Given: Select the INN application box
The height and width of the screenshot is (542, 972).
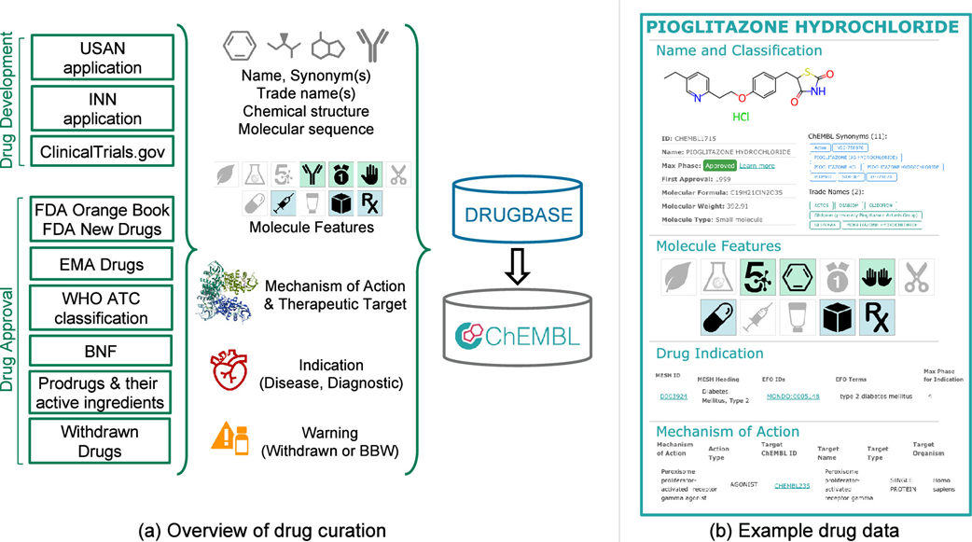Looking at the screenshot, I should click(102, 107).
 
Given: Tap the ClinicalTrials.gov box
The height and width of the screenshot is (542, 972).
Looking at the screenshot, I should click(102, 151).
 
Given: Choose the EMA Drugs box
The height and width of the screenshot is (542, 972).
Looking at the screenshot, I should click(102, 265).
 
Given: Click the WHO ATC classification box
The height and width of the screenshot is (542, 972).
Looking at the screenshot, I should click(102, 307).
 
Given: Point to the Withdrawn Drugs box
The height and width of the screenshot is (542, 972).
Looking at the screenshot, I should click(102, 441).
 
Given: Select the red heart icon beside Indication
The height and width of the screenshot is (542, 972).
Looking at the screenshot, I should click(229, 373).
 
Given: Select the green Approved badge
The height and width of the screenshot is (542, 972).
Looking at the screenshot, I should click(719, 165).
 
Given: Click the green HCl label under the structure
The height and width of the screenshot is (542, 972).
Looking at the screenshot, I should click(740, 118).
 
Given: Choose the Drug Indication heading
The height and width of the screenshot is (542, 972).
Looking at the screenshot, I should click(709, 354).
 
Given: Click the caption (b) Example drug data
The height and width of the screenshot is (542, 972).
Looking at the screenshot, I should click(803, 531).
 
